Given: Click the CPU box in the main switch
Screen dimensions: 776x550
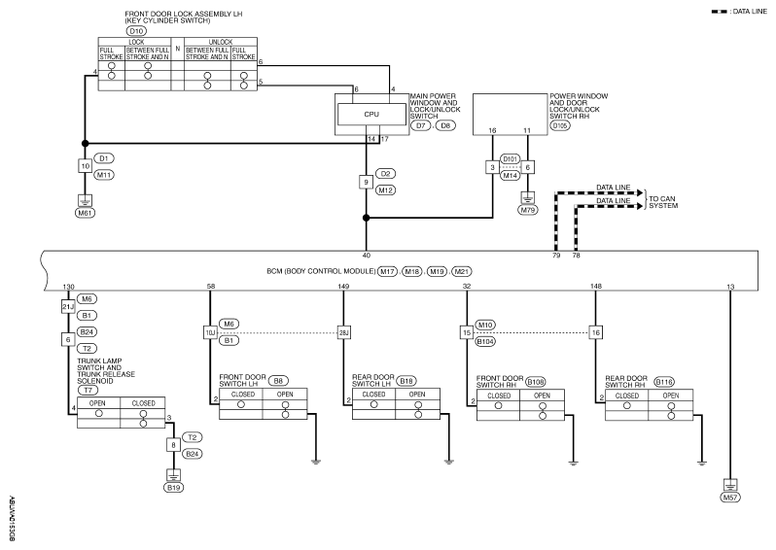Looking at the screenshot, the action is [371, 115].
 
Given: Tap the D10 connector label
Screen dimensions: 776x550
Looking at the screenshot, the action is [136, 31].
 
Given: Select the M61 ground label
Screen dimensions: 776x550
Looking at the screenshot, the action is [86, 213].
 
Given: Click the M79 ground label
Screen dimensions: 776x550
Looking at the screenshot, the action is [528, 210].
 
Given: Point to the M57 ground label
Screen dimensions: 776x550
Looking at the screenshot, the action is [730, 498].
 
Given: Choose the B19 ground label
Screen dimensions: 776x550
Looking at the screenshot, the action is [173, 488].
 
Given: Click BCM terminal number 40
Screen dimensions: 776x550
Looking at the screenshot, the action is [367, 256].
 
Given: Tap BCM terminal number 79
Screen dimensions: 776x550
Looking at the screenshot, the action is [556, 256].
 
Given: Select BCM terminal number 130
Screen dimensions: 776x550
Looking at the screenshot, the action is [68, 287].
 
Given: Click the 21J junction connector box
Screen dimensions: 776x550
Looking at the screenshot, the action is [68, 307].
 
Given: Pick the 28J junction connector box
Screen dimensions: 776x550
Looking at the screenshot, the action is [343, 332].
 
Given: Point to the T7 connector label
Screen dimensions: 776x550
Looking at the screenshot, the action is [88, 391].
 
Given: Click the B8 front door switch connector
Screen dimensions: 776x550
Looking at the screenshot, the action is [278, 381].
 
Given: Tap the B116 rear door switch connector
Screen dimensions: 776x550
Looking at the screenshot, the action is [663, 382].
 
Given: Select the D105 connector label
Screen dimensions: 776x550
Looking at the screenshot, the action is [560, 125].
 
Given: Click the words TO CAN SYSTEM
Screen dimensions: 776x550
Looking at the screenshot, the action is [663, 202].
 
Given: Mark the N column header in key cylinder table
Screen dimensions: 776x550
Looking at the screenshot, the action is [178, 49].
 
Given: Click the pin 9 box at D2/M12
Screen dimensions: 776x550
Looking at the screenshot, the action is [366, 182].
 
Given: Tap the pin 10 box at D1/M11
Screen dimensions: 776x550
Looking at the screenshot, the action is [86, 166].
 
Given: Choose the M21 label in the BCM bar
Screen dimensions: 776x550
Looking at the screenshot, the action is [462, 271].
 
